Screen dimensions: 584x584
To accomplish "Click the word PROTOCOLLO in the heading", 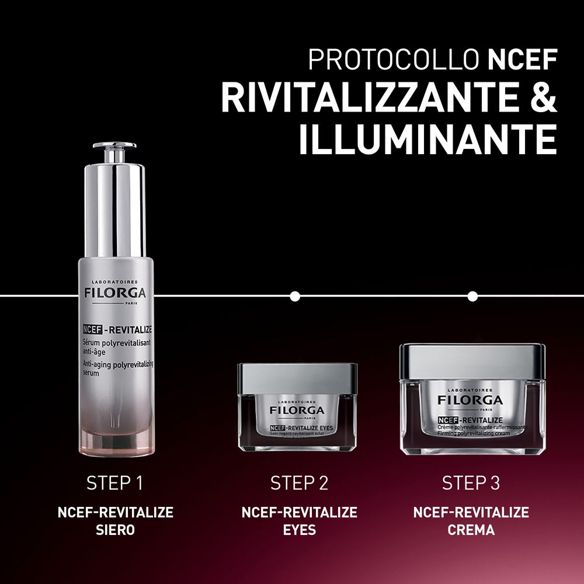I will (394, 61).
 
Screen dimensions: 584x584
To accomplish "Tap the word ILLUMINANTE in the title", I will (427, 140).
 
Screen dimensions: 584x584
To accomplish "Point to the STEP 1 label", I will (114, 483).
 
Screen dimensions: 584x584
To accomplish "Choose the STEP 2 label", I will (299, 483).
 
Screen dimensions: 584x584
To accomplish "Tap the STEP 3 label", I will (471, 483).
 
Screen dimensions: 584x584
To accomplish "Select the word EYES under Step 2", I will (299, 530).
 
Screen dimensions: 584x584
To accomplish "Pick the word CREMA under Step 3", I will (471, 530).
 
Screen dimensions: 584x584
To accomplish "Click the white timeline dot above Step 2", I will (295, 296).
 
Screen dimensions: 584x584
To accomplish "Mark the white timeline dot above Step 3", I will (473, 296).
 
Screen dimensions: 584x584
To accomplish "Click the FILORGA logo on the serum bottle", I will (114, 293).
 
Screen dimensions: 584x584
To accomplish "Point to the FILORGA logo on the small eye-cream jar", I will (297, 411).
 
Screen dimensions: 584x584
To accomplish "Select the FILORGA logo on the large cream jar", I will (471, 401).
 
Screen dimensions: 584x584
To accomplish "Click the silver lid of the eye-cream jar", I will (297, 377).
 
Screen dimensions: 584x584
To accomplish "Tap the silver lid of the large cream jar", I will (472, 361).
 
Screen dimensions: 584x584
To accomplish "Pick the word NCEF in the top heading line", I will (522, 61).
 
